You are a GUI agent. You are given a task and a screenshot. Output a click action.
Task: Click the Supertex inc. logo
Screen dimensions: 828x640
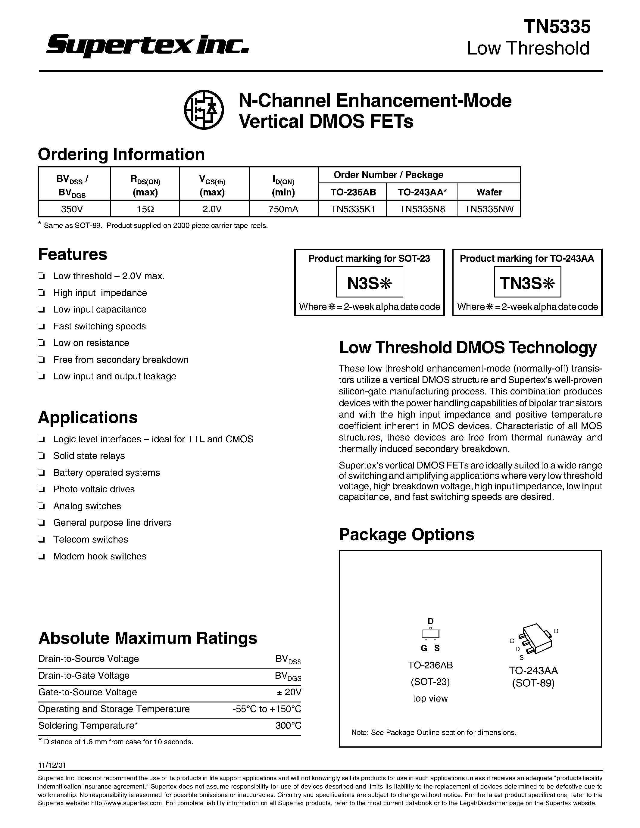[147, 45]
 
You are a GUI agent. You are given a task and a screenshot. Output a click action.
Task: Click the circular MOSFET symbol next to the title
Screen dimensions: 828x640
[204, 110]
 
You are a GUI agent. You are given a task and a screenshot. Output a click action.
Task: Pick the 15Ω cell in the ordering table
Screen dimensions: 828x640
[145, 209]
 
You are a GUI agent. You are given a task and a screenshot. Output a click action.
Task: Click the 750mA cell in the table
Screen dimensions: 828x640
[283, 209]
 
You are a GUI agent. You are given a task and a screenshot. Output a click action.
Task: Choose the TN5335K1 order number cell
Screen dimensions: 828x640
[352, 209]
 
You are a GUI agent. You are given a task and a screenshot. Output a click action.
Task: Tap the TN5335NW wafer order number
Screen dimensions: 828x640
[489, 209]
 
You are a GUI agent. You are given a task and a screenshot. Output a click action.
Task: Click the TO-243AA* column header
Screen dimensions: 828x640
[422, 192]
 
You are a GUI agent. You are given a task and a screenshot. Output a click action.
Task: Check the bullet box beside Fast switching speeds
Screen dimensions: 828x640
[42, 326]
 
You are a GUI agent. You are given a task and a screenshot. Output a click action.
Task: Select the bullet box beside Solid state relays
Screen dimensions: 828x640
[42, 456]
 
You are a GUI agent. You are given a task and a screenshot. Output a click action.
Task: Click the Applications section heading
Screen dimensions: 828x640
[88, 417]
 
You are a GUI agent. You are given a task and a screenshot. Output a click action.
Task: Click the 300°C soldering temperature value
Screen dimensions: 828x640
[289, 726]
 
